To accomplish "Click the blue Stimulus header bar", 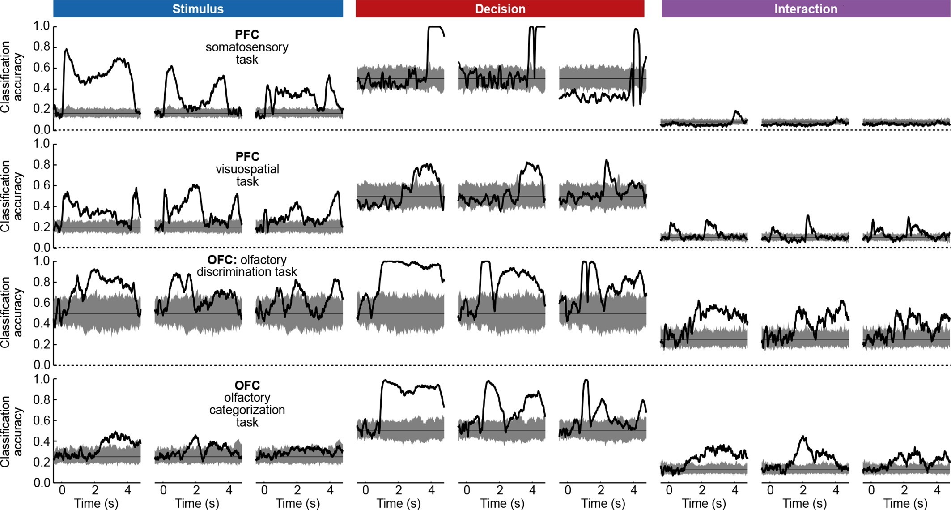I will click(x=198, y=9).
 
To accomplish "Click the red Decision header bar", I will click(x=500, y=9).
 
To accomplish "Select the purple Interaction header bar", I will click(x=805, y=9).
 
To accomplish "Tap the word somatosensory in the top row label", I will click(x=247, y=47).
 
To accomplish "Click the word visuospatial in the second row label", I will click(x=247, y=169).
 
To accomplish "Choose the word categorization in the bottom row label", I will click(x=247, y=410).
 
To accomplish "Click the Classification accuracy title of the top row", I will click(x=11, y=77).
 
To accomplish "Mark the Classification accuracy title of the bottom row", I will click(x=11, y=431).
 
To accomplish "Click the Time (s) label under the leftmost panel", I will click(x=96, y=503).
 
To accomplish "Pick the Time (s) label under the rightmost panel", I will click(x=905, y=503).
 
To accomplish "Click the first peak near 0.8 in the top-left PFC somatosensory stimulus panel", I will click(x=66, y=50).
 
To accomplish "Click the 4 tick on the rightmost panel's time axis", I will click(x=937, y=490).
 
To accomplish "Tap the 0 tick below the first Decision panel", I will click(x=365, y=490).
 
